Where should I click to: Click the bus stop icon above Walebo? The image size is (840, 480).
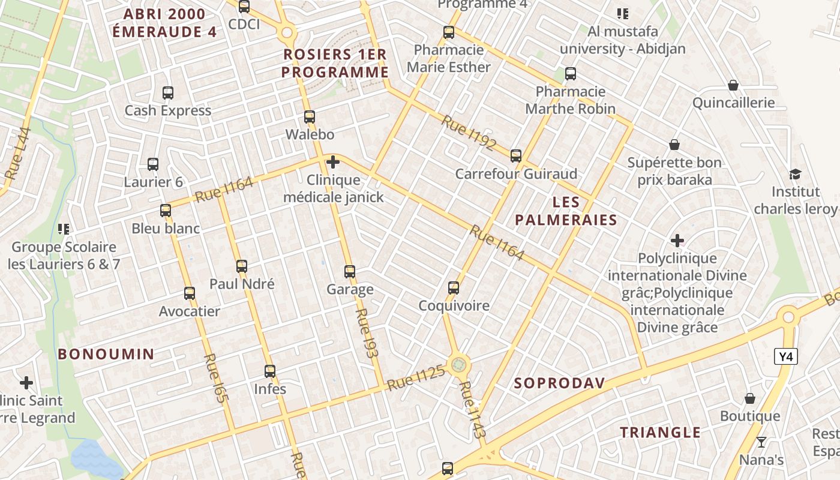click(310, 117)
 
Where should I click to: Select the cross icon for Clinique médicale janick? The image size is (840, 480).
click(332, 162)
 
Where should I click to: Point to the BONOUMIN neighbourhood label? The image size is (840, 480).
click(106, 354)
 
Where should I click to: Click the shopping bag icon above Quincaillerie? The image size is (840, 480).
click(733, 85)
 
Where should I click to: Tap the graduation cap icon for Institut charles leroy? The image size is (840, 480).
click(795, 174)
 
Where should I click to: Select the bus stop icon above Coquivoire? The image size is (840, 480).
click(454, 288)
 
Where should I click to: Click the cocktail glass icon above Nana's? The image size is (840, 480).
click(761, 442)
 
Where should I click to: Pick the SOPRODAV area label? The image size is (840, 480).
click(559, 383)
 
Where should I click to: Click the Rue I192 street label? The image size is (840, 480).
click(469, 133)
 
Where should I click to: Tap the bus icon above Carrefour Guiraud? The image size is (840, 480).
click(516, 156)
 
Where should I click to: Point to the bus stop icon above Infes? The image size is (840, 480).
click(270, 371)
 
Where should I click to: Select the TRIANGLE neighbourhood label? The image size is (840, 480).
click(660, 432)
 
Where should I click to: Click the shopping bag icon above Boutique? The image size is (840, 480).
click(750, 398)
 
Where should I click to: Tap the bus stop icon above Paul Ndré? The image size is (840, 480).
click(242, 266)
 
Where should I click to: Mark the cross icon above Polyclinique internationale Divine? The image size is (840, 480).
click(677, 241)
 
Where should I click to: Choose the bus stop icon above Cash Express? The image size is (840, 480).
click(168, 93)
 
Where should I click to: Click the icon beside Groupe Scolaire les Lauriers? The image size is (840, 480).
click(64, 229)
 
